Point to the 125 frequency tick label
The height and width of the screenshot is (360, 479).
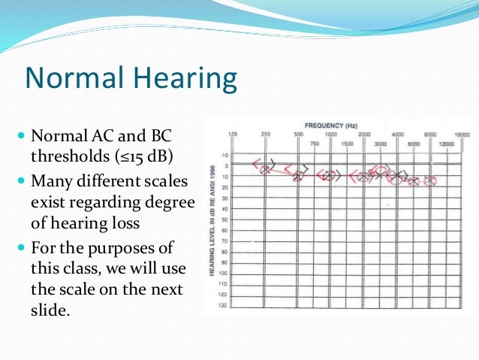point(233,134)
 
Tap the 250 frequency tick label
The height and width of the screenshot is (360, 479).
point(266,134)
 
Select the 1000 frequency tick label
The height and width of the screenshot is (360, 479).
point(330,134)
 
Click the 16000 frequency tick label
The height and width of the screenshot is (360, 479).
point(463,134)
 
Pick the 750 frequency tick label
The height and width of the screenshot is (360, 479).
point(315,143)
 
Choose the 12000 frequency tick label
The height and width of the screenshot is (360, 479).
point(449,143)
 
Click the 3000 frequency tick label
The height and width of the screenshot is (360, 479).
point(381,143)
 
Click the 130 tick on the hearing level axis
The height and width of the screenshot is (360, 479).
point(224,305)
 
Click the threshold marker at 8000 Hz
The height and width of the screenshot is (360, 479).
point(429,181)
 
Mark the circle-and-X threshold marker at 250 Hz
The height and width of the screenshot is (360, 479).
point(264,170)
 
